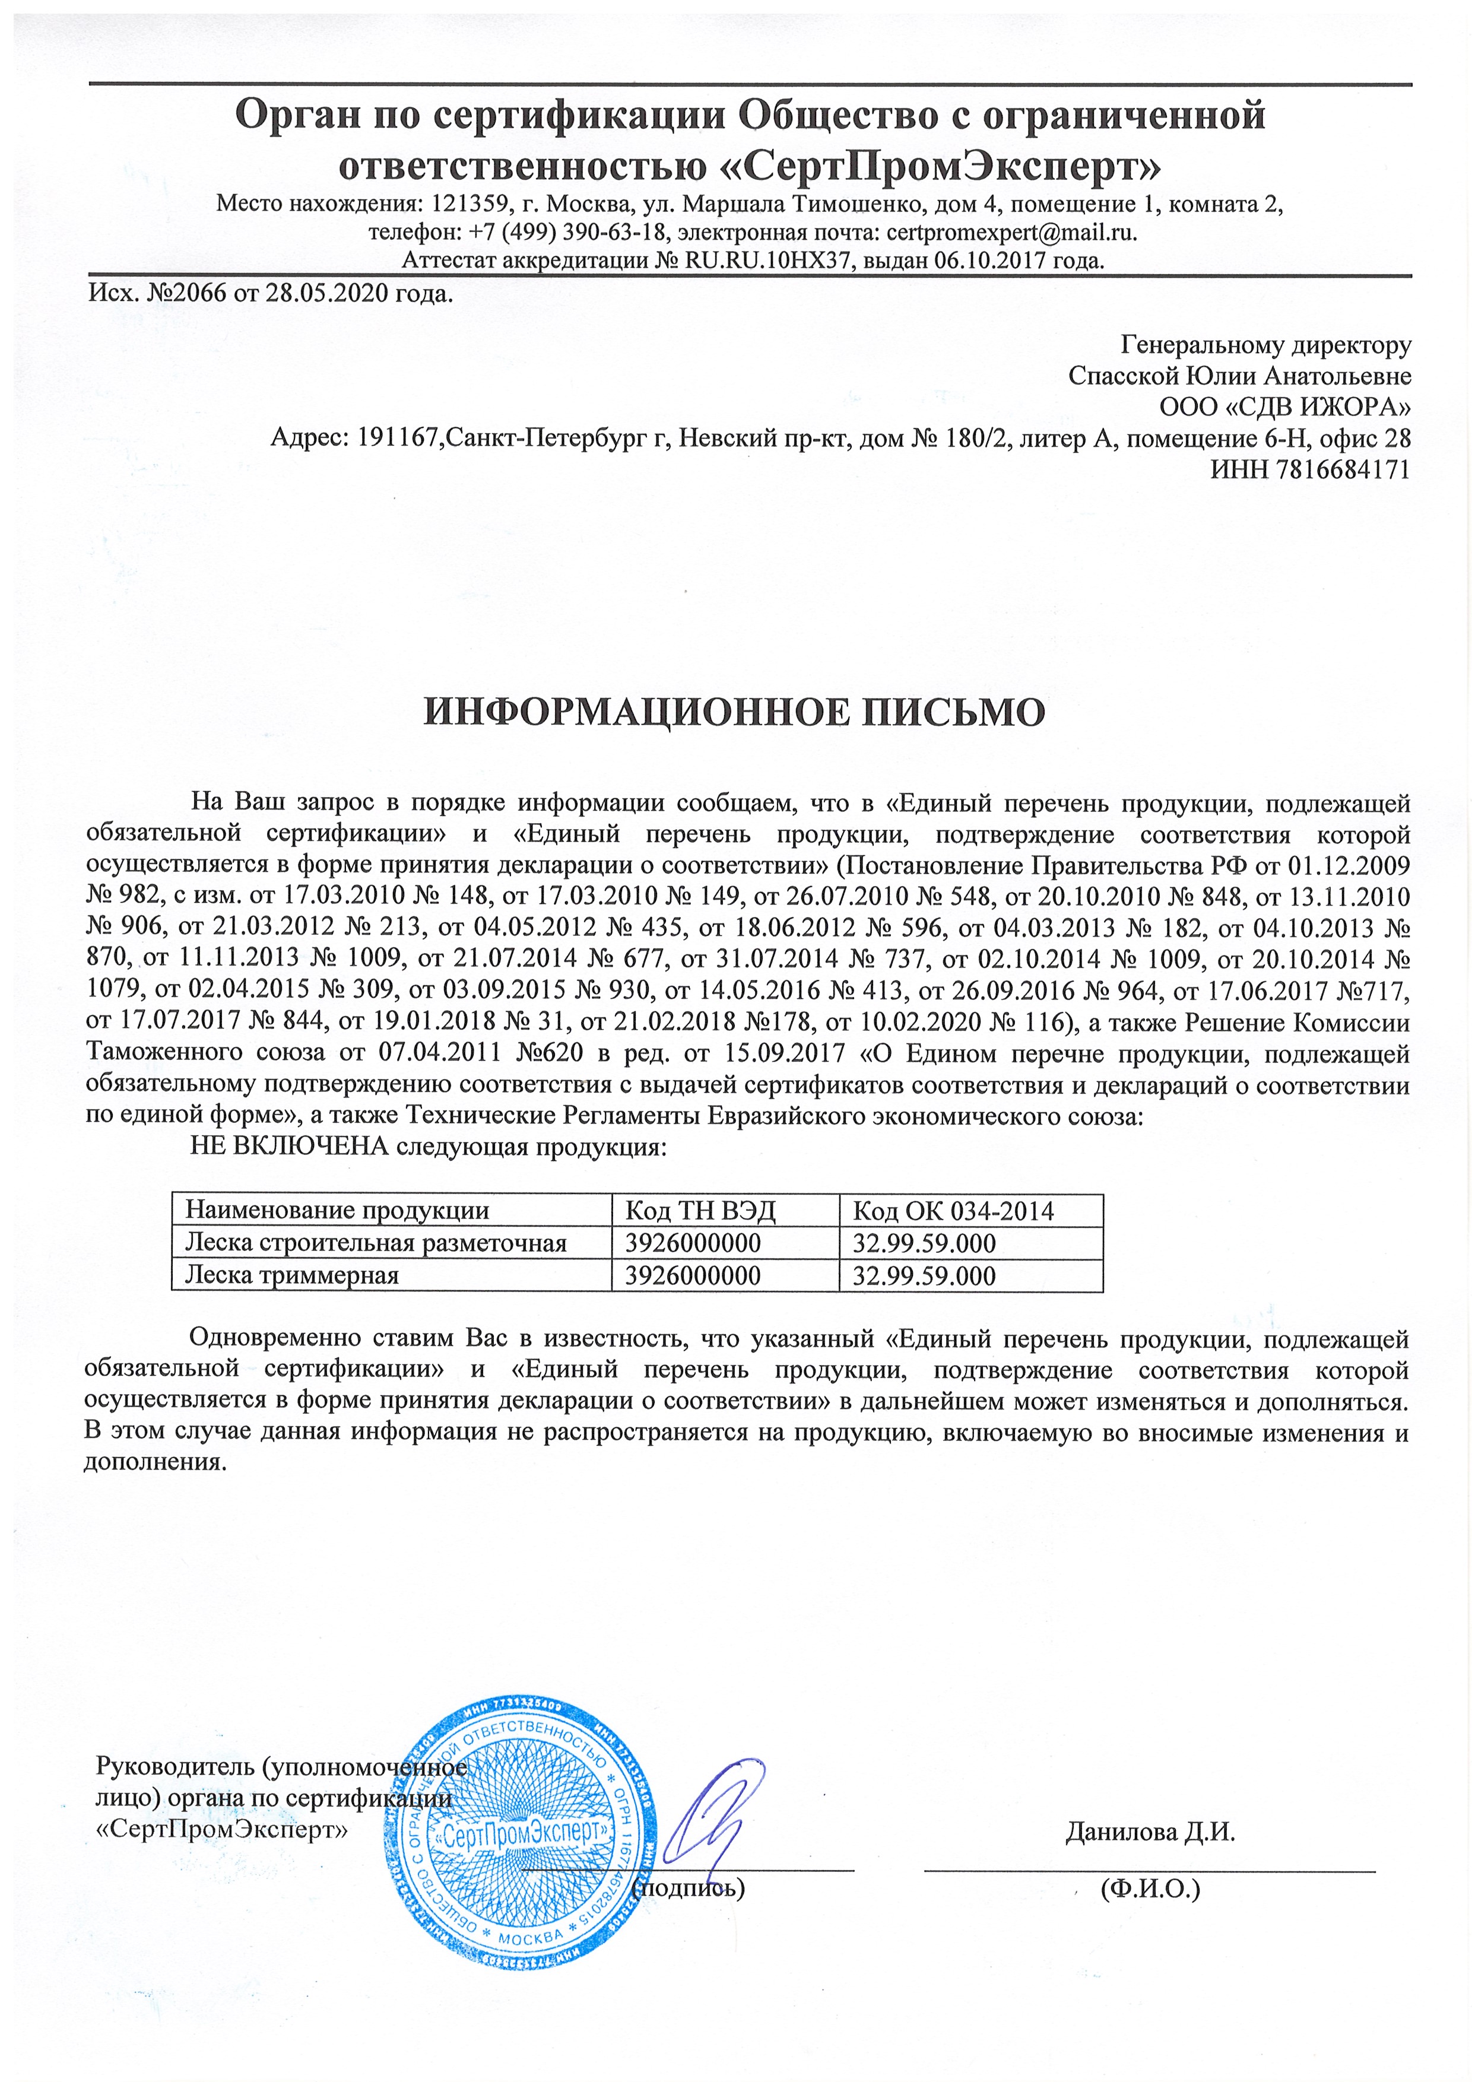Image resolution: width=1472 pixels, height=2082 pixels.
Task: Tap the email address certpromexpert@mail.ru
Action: [1010, 232]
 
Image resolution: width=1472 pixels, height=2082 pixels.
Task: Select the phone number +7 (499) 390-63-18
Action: [569, 232]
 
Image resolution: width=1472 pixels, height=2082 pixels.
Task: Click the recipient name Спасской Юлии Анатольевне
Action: [1239, 376]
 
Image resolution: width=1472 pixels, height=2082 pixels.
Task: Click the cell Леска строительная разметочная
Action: [376, 1242]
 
